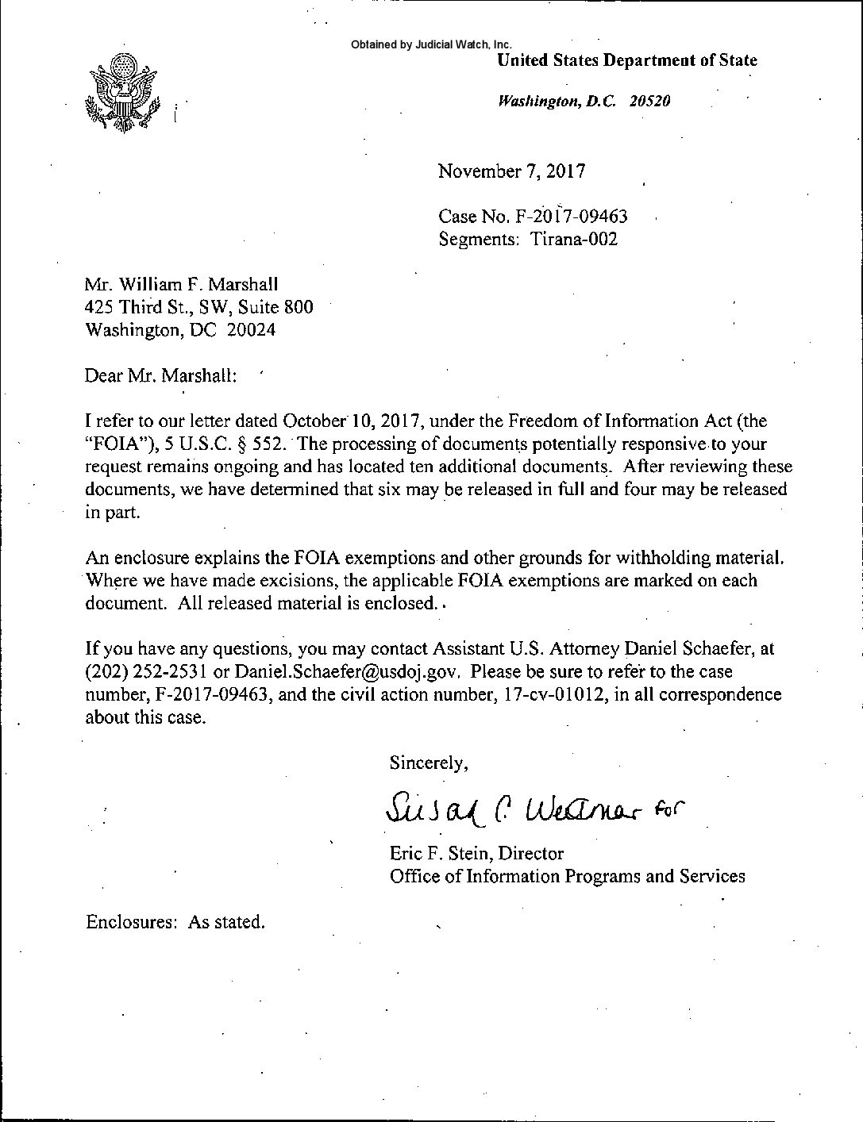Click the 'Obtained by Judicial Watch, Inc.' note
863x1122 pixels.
431,44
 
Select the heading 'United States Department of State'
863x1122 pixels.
626,60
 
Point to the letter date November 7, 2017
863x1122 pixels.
511,171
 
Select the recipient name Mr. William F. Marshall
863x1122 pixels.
181,283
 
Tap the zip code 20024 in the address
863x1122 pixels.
251,330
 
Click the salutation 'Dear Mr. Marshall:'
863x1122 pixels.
160,375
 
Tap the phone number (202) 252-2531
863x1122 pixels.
146,672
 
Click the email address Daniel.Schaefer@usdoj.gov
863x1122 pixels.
337,672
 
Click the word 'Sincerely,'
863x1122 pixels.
428,763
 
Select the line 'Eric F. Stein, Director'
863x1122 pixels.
476,854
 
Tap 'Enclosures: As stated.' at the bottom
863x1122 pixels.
175,922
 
